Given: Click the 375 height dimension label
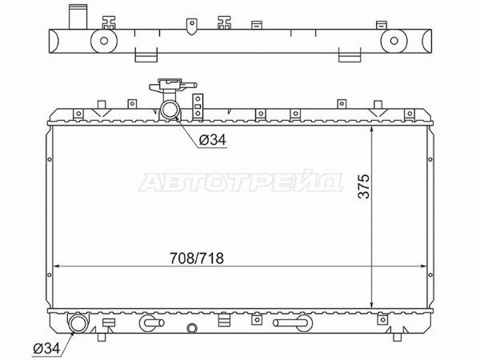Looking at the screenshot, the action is click(364, 186).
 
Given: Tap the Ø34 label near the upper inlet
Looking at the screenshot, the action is click(213, 140).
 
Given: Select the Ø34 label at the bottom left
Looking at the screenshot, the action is click(46, 348).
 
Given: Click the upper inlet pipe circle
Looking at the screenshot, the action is click(170, 110).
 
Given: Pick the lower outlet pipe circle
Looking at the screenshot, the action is click(78, 324).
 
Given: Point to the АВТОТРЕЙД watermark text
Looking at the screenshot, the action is click(240, 182).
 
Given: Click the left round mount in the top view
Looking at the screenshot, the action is click(104, 41).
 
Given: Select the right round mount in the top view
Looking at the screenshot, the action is click(394, 41).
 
